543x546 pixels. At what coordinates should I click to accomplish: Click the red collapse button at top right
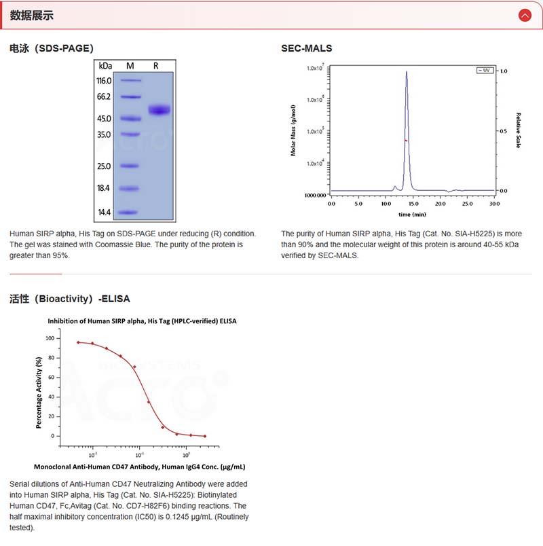(524, 15)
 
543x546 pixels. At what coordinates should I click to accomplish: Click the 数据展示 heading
(32, 16)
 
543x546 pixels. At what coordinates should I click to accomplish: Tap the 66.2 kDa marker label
(104, 96)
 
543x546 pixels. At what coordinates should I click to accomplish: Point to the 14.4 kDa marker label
(104, 213)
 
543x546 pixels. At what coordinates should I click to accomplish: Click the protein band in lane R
(160, 110)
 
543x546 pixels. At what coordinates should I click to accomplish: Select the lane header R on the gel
(156, 66)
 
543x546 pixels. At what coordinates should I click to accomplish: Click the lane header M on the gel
(130, 66)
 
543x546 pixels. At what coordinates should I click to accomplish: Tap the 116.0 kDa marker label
(104, 80)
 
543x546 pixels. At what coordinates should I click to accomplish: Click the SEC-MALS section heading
(306, 48)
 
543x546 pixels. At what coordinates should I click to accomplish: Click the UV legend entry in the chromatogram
(485, 70)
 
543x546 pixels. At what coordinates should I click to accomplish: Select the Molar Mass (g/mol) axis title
(293, 131)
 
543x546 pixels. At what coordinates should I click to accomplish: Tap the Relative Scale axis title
(519, 130)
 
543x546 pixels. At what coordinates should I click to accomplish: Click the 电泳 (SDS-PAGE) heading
(52, 48)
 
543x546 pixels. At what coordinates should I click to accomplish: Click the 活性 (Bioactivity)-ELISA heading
(70, 298)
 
